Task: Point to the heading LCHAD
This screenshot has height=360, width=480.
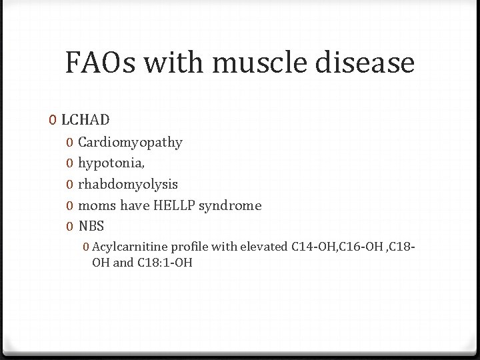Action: [85, 120]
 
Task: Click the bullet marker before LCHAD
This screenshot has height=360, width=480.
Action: [53, 121]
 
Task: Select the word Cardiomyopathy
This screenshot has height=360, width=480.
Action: [130, 142]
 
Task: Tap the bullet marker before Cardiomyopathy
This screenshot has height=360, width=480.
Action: [70, 143]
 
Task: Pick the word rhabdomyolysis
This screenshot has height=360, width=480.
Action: [128, 184]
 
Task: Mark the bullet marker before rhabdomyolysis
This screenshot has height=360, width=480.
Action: [70, 185]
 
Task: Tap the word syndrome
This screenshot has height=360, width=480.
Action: [231, 205]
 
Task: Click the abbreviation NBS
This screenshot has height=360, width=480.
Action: [91, 226]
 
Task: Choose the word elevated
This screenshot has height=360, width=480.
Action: [266, 247]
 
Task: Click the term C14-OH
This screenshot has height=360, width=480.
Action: [314, 247]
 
